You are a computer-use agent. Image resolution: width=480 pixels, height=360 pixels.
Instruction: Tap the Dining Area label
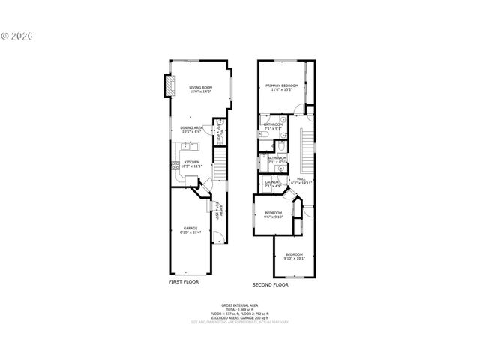click(191, 129)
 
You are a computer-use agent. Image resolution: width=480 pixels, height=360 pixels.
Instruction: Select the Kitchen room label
click(192, 163)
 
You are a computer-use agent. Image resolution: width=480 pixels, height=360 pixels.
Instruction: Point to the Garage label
click(191, 230)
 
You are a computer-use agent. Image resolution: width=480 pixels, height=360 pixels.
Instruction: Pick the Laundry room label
click(273, 183)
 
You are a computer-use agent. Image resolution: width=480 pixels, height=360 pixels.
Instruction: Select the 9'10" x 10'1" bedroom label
click(294, 256)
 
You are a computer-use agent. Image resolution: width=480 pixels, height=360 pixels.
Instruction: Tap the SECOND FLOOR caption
click(271, 284)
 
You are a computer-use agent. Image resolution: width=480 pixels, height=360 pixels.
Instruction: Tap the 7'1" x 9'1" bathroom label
click(273, 126)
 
